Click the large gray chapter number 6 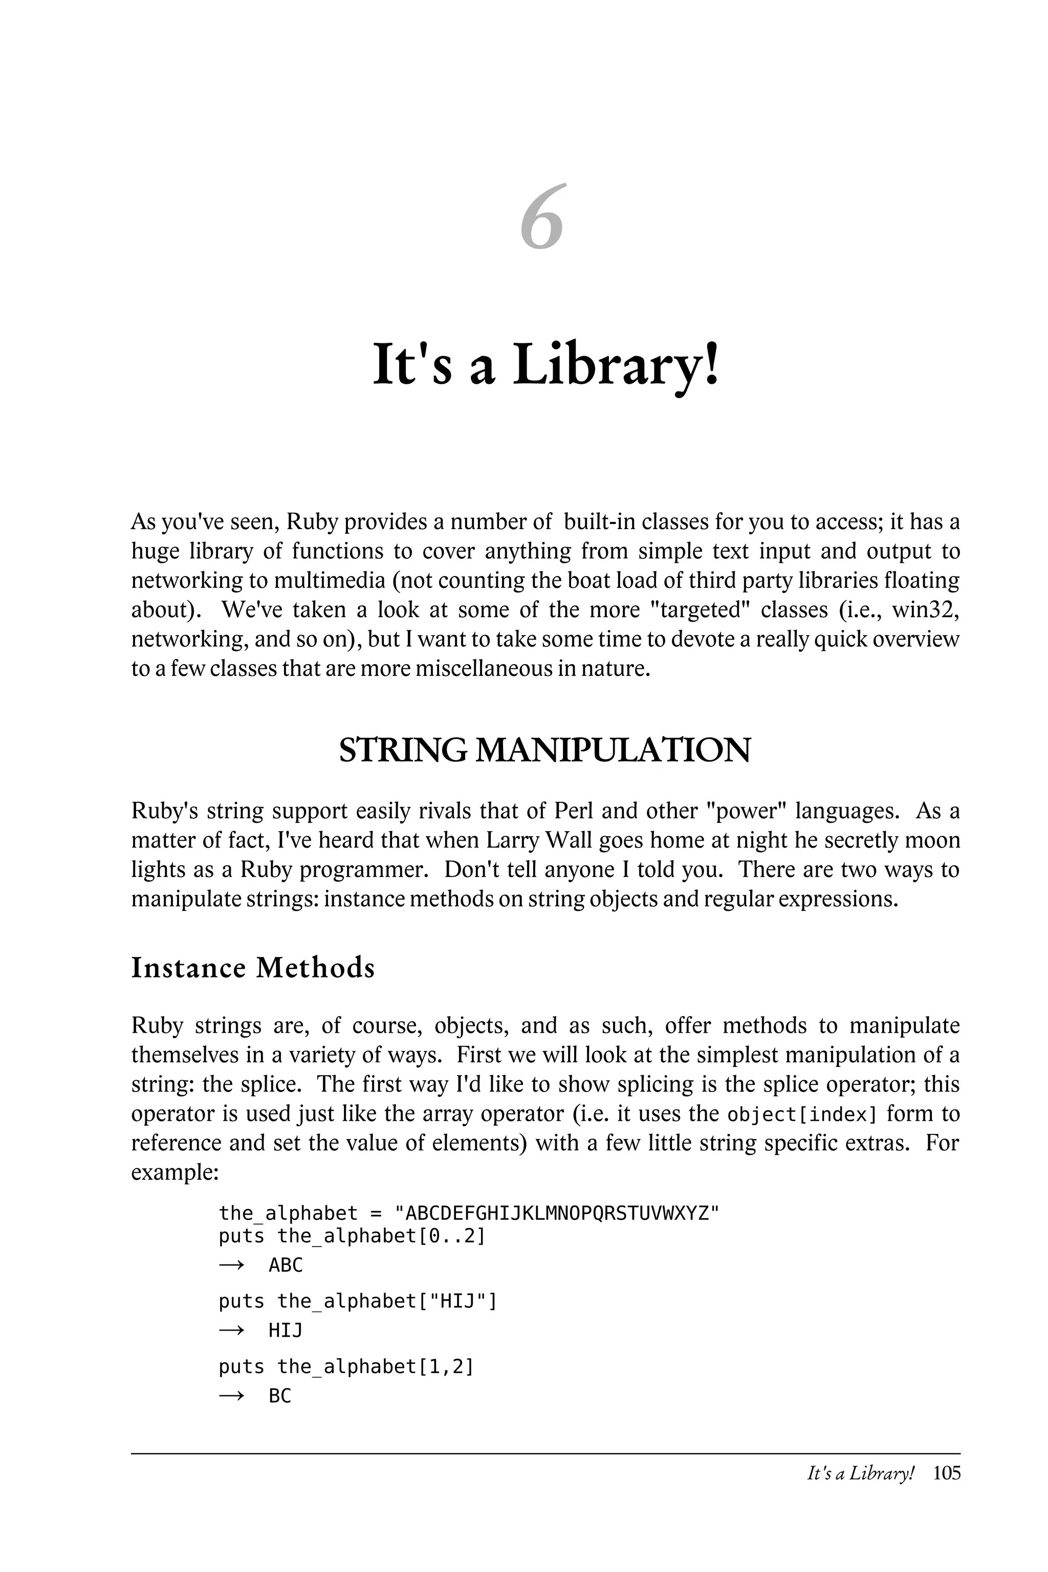[542, 218]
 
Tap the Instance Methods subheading [253, 967]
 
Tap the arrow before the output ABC [231, 1265]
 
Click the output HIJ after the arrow [286, 1330]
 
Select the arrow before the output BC [231, 1396]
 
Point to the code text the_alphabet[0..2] [381, 1236]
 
